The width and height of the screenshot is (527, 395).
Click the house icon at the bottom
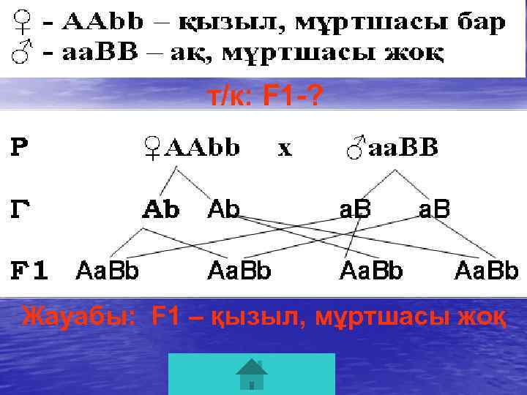coord(251,375)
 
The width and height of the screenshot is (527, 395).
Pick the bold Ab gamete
coord(160,210)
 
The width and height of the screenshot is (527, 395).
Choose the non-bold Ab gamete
coord(224,210)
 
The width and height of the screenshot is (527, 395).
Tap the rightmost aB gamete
coord(433,210)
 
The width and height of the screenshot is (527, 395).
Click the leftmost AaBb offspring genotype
coord(108,271)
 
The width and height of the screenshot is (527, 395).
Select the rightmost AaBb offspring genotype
coord(486,271)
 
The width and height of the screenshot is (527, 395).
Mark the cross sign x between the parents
coord(284,148)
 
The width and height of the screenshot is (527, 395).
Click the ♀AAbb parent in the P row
coord(193,148)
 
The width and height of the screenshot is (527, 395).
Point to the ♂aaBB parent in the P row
coord(392,148)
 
